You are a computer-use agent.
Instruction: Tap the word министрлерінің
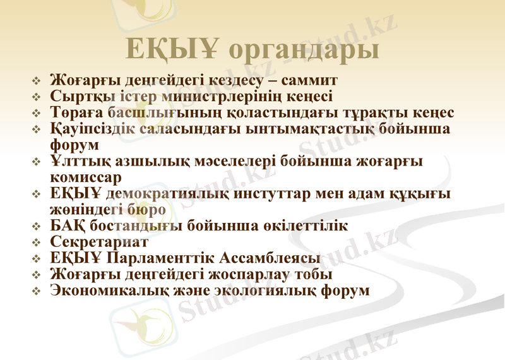(198, 97)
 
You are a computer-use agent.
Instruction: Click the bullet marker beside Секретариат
(37, 243)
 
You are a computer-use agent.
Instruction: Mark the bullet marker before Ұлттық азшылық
(37, 162)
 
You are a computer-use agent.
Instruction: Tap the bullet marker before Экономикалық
(37, 292)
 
